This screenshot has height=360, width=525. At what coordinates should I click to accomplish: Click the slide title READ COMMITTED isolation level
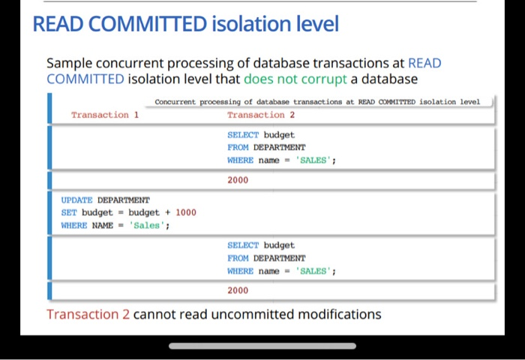pyautogui.click(x=185, y=25)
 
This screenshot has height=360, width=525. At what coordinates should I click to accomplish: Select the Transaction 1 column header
pyautogui.click(x=105, y=115)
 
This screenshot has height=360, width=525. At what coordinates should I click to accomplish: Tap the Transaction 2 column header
pyautogui.click(x=261, y=115)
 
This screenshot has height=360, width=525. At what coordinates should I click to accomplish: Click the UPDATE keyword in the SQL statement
pyautogui.click(x=76, y=200)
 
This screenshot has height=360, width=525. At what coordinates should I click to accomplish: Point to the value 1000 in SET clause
pyautogui.click(x=185, y=212)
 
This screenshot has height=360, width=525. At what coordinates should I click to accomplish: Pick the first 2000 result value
pyautogui.click(x=238, y=180)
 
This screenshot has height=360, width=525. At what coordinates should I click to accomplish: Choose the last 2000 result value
pyautogui.click(x=238, y=290)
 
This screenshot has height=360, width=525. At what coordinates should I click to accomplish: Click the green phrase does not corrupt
pyautogui.click(x=295, y=79)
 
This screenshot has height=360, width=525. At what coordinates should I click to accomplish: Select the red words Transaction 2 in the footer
pyautogui.click(x=88, y=314)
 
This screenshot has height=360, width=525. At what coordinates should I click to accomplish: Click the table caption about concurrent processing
pyautogui.click(x=316, y=101)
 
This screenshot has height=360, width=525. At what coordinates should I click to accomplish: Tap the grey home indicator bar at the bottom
pyautogui.click(x=262, y=346)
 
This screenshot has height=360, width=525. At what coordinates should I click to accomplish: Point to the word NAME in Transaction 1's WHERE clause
pyautogui.click(x=102, y=225)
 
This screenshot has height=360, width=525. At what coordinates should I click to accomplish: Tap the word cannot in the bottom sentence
pyautogui.click(x=154, y=314)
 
